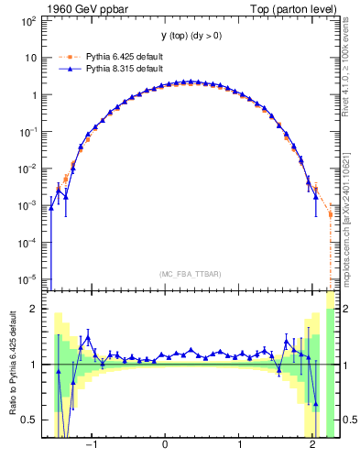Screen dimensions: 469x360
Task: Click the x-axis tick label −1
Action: point(91,446)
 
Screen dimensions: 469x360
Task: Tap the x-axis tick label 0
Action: point(166,446)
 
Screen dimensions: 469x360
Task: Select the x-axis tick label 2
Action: point(313,446)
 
